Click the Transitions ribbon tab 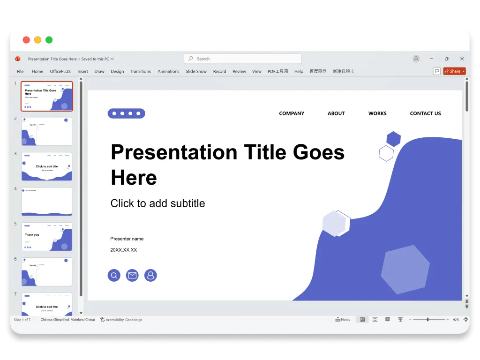(x=141, y=71)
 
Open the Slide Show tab (x=196, y=71)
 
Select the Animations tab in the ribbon (x=168, y=71)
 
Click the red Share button (x=454, y=71)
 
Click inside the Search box (x=243, y=59)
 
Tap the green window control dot (x=49, y=40)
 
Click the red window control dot (x=26, y=40)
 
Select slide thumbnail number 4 (x=47, y=202)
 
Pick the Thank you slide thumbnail (x=47, y=237)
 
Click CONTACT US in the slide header (x=425, y=113)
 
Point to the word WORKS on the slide (x=377, y=113)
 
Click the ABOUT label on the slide (x=336, y=113)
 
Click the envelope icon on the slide (x=132, y=276)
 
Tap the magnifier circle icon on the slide (x=114, y=276)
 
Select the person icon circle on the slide (x=150, y=276)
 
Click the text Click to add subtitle (x=157, y=203)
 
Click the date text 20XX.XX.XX (x=124, y=250)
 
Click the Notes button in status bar (x=343, y=320)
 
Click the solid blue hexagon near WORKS (x=393, y=139)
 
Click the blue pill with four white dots (x=127, y=113)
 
